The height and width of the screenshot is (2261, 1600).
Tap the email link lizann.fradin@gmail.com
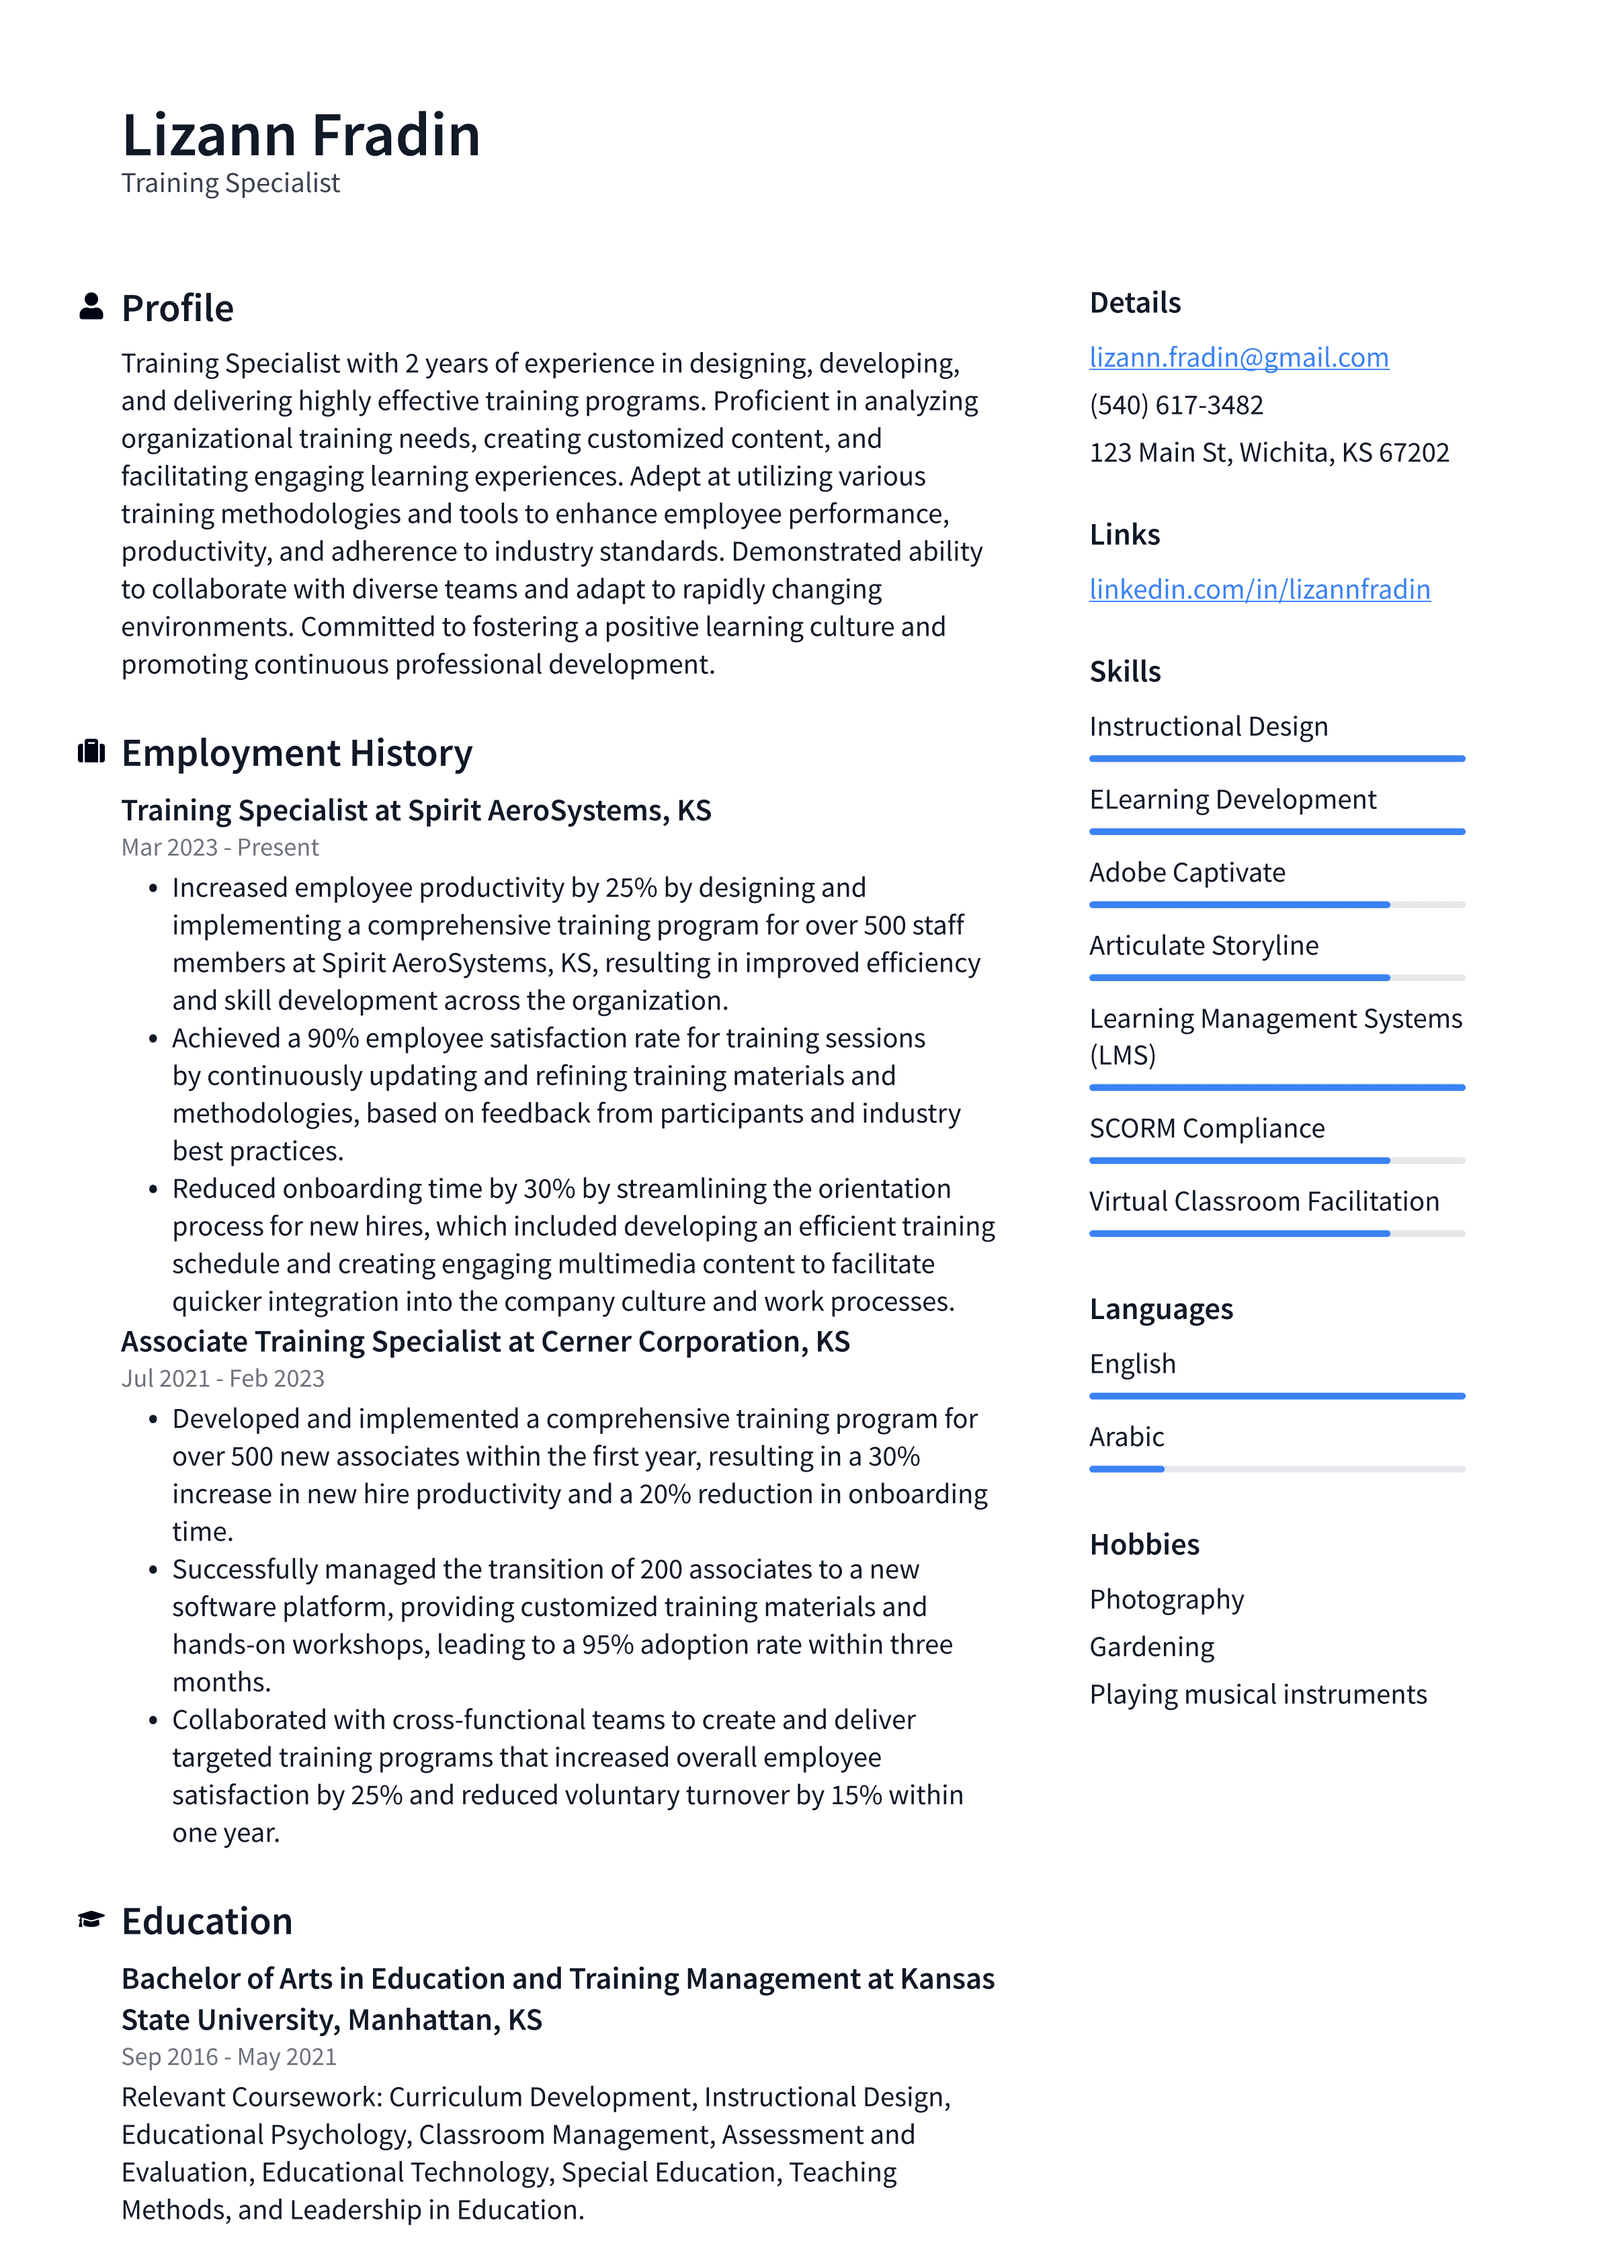pyautogui.click(x=1238, y=357)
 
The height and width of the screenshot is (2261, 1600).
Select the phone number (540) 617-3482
pyautogui.click(x=1176, y=405)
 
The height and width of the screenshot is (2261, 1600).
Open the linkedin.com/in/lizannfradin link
pyautogui.click(x=1259, y=589)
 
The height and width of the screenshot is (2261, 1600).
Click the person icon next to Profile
pyautogui.click(x=91, y=306)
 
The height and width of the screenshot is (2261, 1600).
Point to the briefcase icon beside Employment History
pyautogui.click(x=91, y=751)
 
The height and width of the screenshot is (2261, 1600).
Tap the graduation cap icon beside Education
pyautogui.click(x=91, y=1919)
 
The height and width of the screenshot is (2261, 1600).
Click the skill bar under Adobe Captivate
pyautogui.click(x=1276, y=904)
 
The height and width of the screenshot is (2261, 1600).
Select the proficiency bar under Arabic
pyautogui.click(x=1276, y=1469)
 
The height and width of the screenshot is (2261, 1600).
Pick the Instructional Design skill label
pyautogui.click(x=1208, y=726)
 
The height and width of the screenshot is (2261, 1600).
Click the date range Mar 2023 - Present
pyautogui.click(x=220, y=847)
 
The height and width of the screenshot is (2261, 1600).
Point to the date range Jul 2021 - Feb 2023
pyautogui.click(x=223, y=1378)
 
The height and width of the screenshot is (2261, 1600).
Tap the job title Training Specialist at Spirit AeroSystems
pyautogui.click(x=416, y=810)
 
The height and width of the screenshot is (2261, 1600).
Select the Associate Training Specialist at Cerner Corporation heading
pyautogui.click(x=485, y=1341)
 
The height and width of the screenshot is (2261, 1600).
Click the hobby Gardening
pyautogui.click(x=1151, y=1647)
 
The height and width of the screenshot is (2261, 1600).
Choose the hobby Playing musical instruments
pyautogui.click(x=1258, y=1694)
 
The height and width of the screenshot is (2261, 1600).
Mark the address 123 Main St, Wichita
pyautogui.click(x=1269, y=453)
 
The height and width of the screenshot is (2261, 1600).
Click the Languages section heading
pyautogui.click(x=1161, y=1309)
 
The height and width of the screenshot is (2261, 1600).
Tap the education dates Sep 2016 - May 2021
pyautogui.click(x=229, y=2056)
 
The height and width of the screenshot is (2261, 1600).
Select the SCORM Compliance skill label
pyautogui.click(x=1206, y=1128)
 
